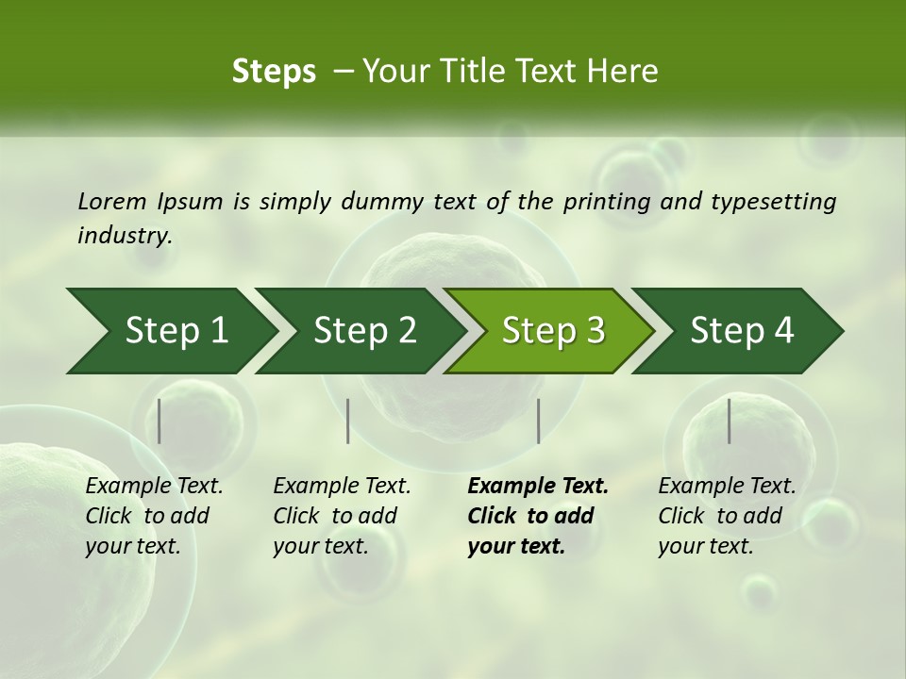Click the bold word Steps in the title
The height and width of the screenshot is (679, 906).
(x=274, y=72)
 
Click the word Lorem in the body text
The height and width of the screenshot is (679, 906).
(x=112, y=201)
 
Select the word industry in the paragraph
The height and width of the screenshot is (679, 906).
(x=126, y=235)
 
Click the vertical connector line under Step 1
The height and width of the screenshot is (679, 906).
(x=159, y=421)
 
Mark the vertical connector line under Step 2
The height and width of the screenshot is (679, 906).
(x=348, y=421)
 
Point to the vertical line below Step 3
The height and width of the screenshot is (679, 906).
(x=538, y=421)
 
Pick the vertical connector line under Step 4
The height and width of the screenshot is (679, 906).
(x=729, y=421)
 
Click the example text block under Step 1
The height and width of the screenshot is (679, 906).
(x=154, y=516)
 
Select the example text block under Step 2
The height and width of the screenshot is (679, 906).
(x=342, y=516)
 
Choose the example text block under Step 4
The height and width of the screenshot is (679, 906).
(x=727, y=516)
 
